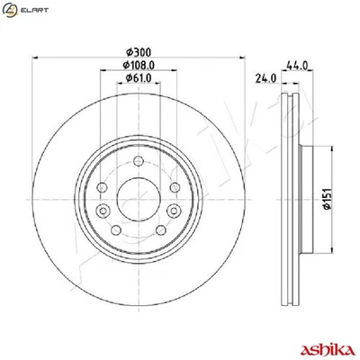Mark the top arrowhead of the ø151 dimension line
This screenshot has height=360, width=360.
pos(310,148)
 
